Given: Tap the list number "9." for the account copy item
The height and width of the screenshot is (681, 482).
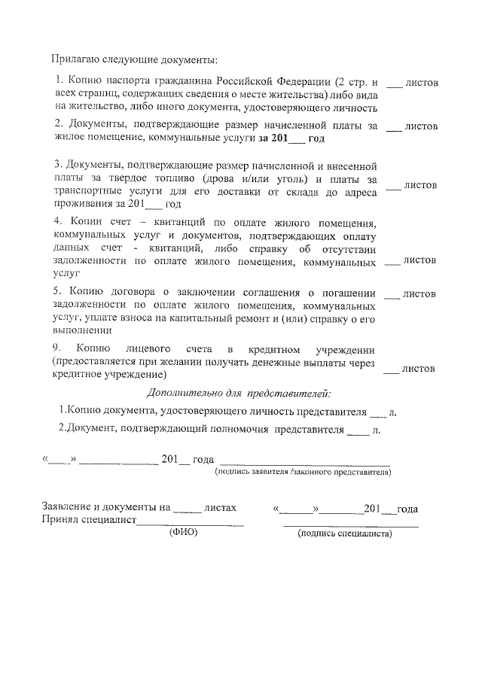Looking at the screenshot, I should [x=56, y=349].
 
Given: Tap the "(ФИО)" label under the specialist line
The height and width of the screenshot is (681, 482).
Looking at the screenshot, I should [x=182, y=532].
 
